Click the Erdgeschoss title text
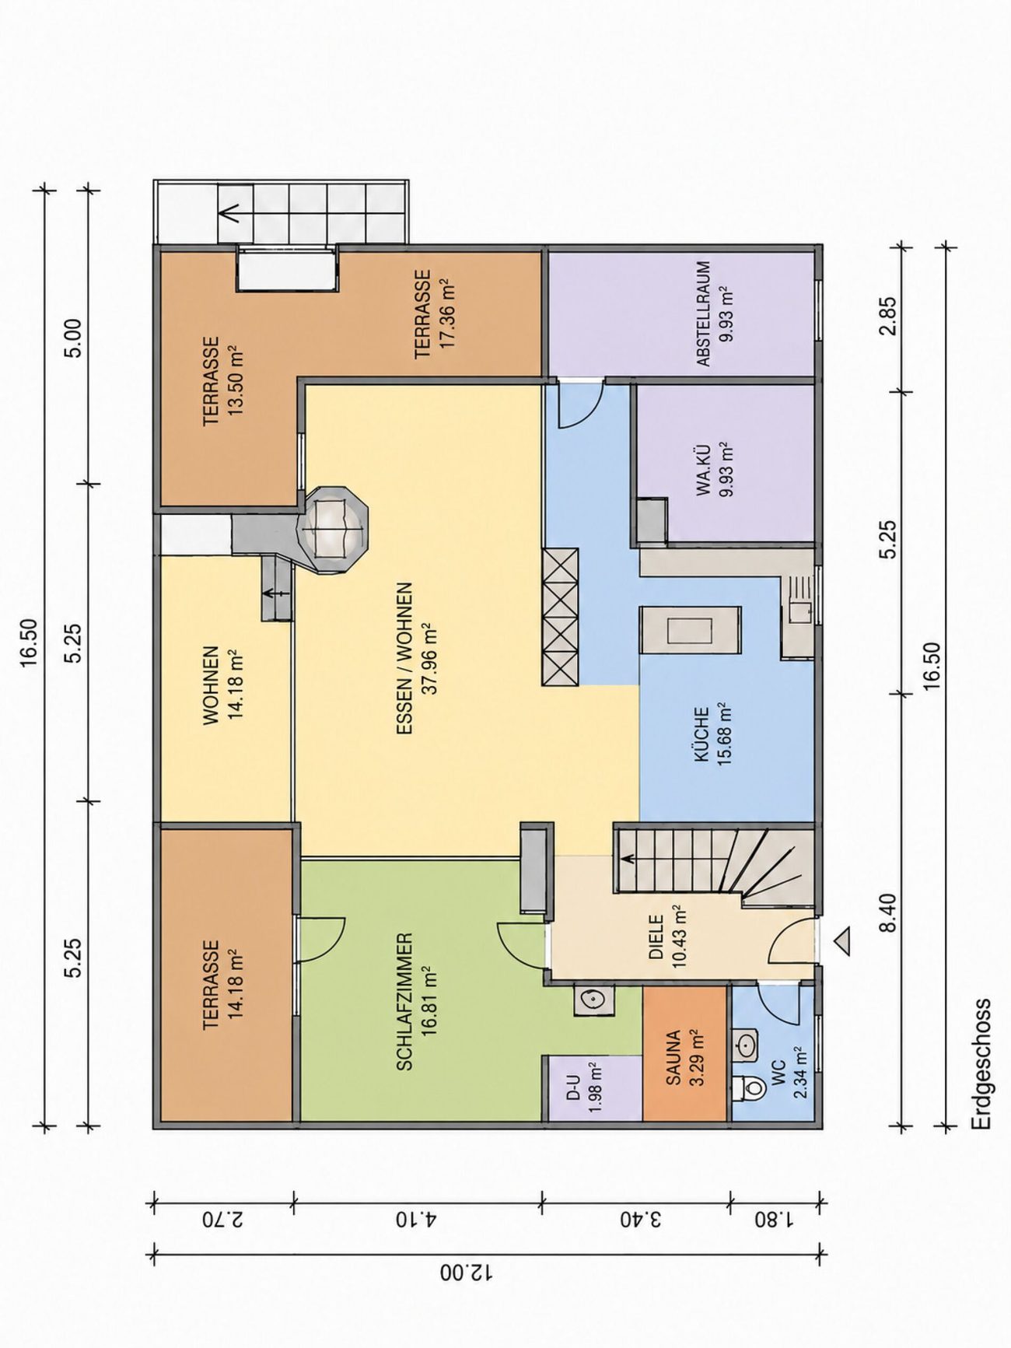click(x=982, y=1064)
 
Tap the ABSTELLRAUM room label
click(x=703, y=313)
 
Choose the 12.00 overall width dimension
click(x=467, y=1273)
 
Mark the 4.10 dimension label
click(x=418, y=1218)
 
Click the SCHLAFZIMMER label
click(x=404, y=1002)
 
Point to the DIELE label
click(x=656, y=937)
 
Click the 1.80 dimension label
click(x=773, y=1218)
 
